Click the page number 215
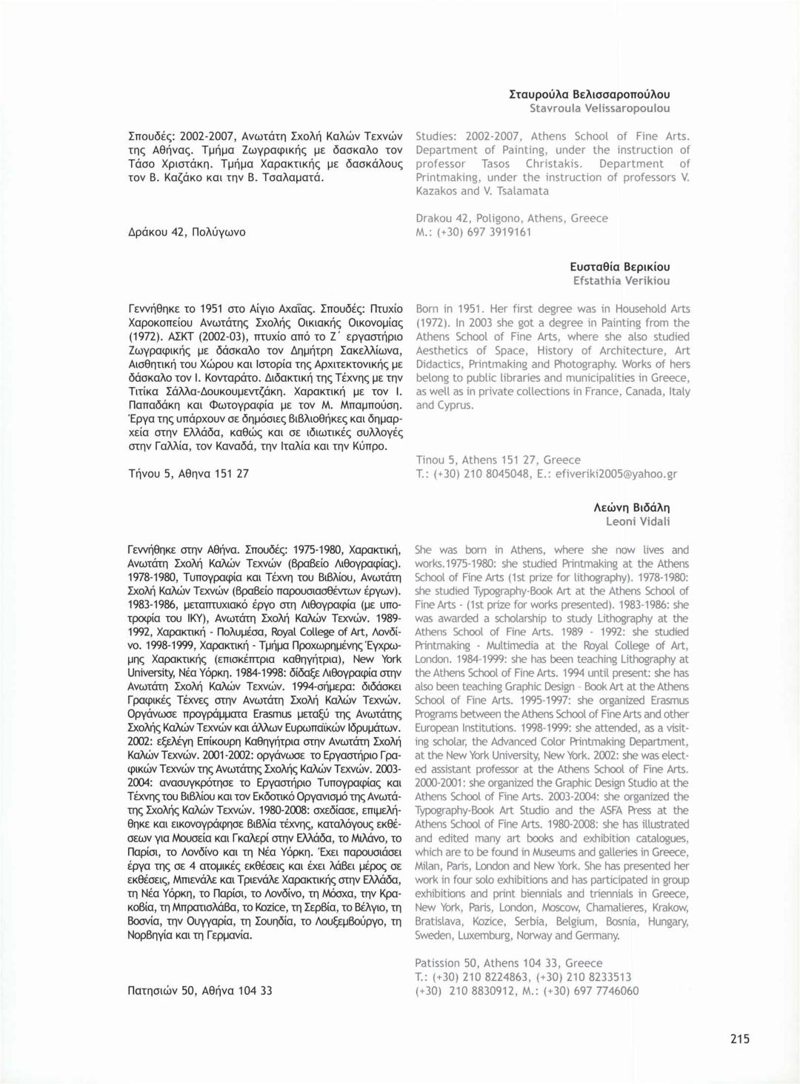coord(739,1039)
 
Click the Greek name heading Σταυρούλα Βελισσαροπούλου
coord(590,94)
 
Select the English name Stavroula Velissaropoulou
coord(599,108)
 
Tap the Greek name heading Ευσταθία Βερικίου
coord(619,267)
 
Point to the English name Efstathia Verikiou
coord(621,281)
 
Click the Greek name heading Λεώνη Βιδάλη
coord(631,507)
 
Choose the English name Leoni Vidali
coord(637,521)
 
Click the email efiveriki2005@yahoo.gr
coord(616,474)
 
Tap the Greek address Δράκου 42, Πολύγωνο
coord(187,232)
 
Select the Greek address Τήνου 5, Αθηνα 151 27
coord(188,473)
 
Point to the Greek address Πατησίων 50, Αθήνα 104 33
coord(200,991)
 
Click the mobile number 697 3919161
coord(499,232)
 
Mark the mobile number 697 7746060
coord(606,991)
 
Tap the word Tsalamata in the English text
coord(524,191)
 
